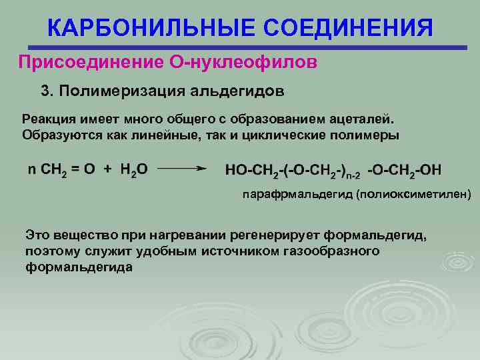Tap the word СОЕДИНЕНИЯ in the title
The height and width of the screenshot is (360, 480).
click(x=349, y=28)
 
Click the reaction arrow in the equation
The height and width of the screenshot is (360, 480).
click(x=180, y=169)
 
